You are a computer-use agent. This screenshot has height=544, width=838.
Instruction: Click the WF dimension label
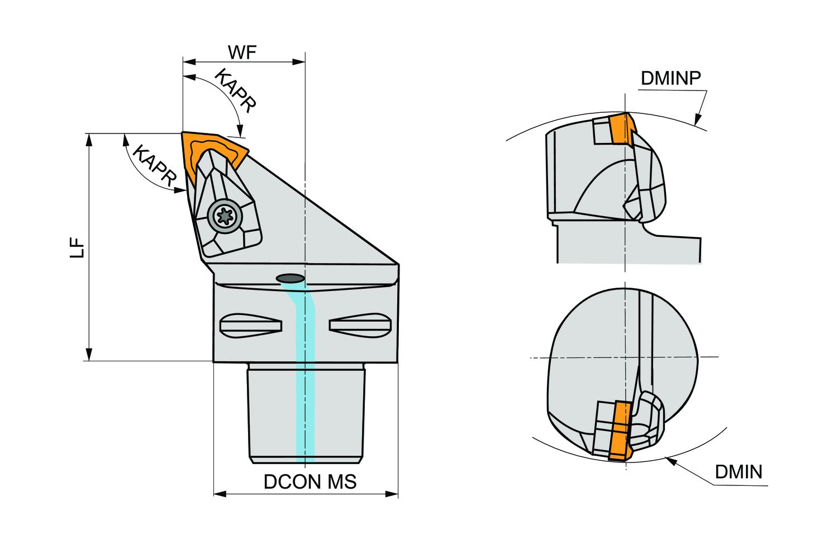pos(242,53)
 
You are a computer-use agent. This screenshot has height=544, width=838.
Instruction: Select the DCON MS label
pos(310,481)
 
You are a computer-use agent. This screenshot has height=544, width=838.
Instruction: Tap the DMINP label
pos(670,78)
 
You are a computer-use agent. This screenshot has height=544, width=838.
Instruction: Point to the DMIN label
pos(738,472)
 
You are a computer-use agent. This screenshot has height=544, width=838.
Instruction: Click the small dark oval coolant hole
pos(290,277)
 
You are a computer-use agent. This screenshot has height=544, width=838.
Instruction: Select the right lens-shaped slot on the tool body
pos(358,325)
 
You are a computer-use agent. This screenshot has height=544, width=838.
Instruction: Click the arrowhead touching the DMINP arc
pos(697,120)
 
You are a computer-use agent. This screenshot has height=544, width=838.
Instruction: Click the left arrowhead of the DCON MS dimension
pos(218,494)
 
